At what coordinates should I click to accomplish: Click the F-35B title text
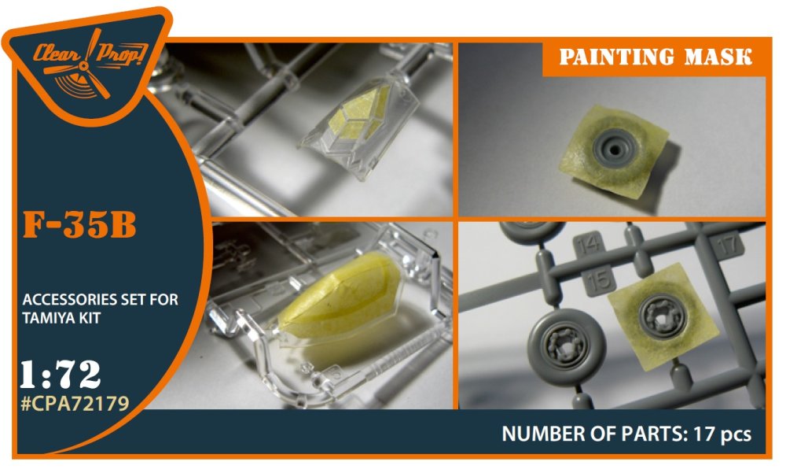[x=79, y=225]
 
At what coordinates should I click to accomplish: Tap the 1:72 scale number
[x=61, y=375]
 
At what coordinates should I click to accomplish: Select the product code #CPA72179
[x=75, y=403]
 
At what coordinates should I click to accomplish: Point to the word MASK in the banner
[x=718, y=57]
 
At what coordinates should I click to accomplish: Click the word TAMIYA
[x=50, y=318]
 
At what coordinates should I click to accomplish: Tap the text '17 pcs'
[x=722, y=434]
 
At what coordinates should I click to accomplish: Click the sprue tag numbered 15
[x=600, y=279]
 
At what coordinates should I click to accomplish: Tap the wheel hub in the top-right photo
[x=615, y=145]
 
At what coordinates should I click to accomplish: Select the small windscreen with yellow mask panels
[x=360, y=124]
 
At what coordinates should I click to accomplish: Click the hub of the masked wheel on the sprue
[x=663, y=316]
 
